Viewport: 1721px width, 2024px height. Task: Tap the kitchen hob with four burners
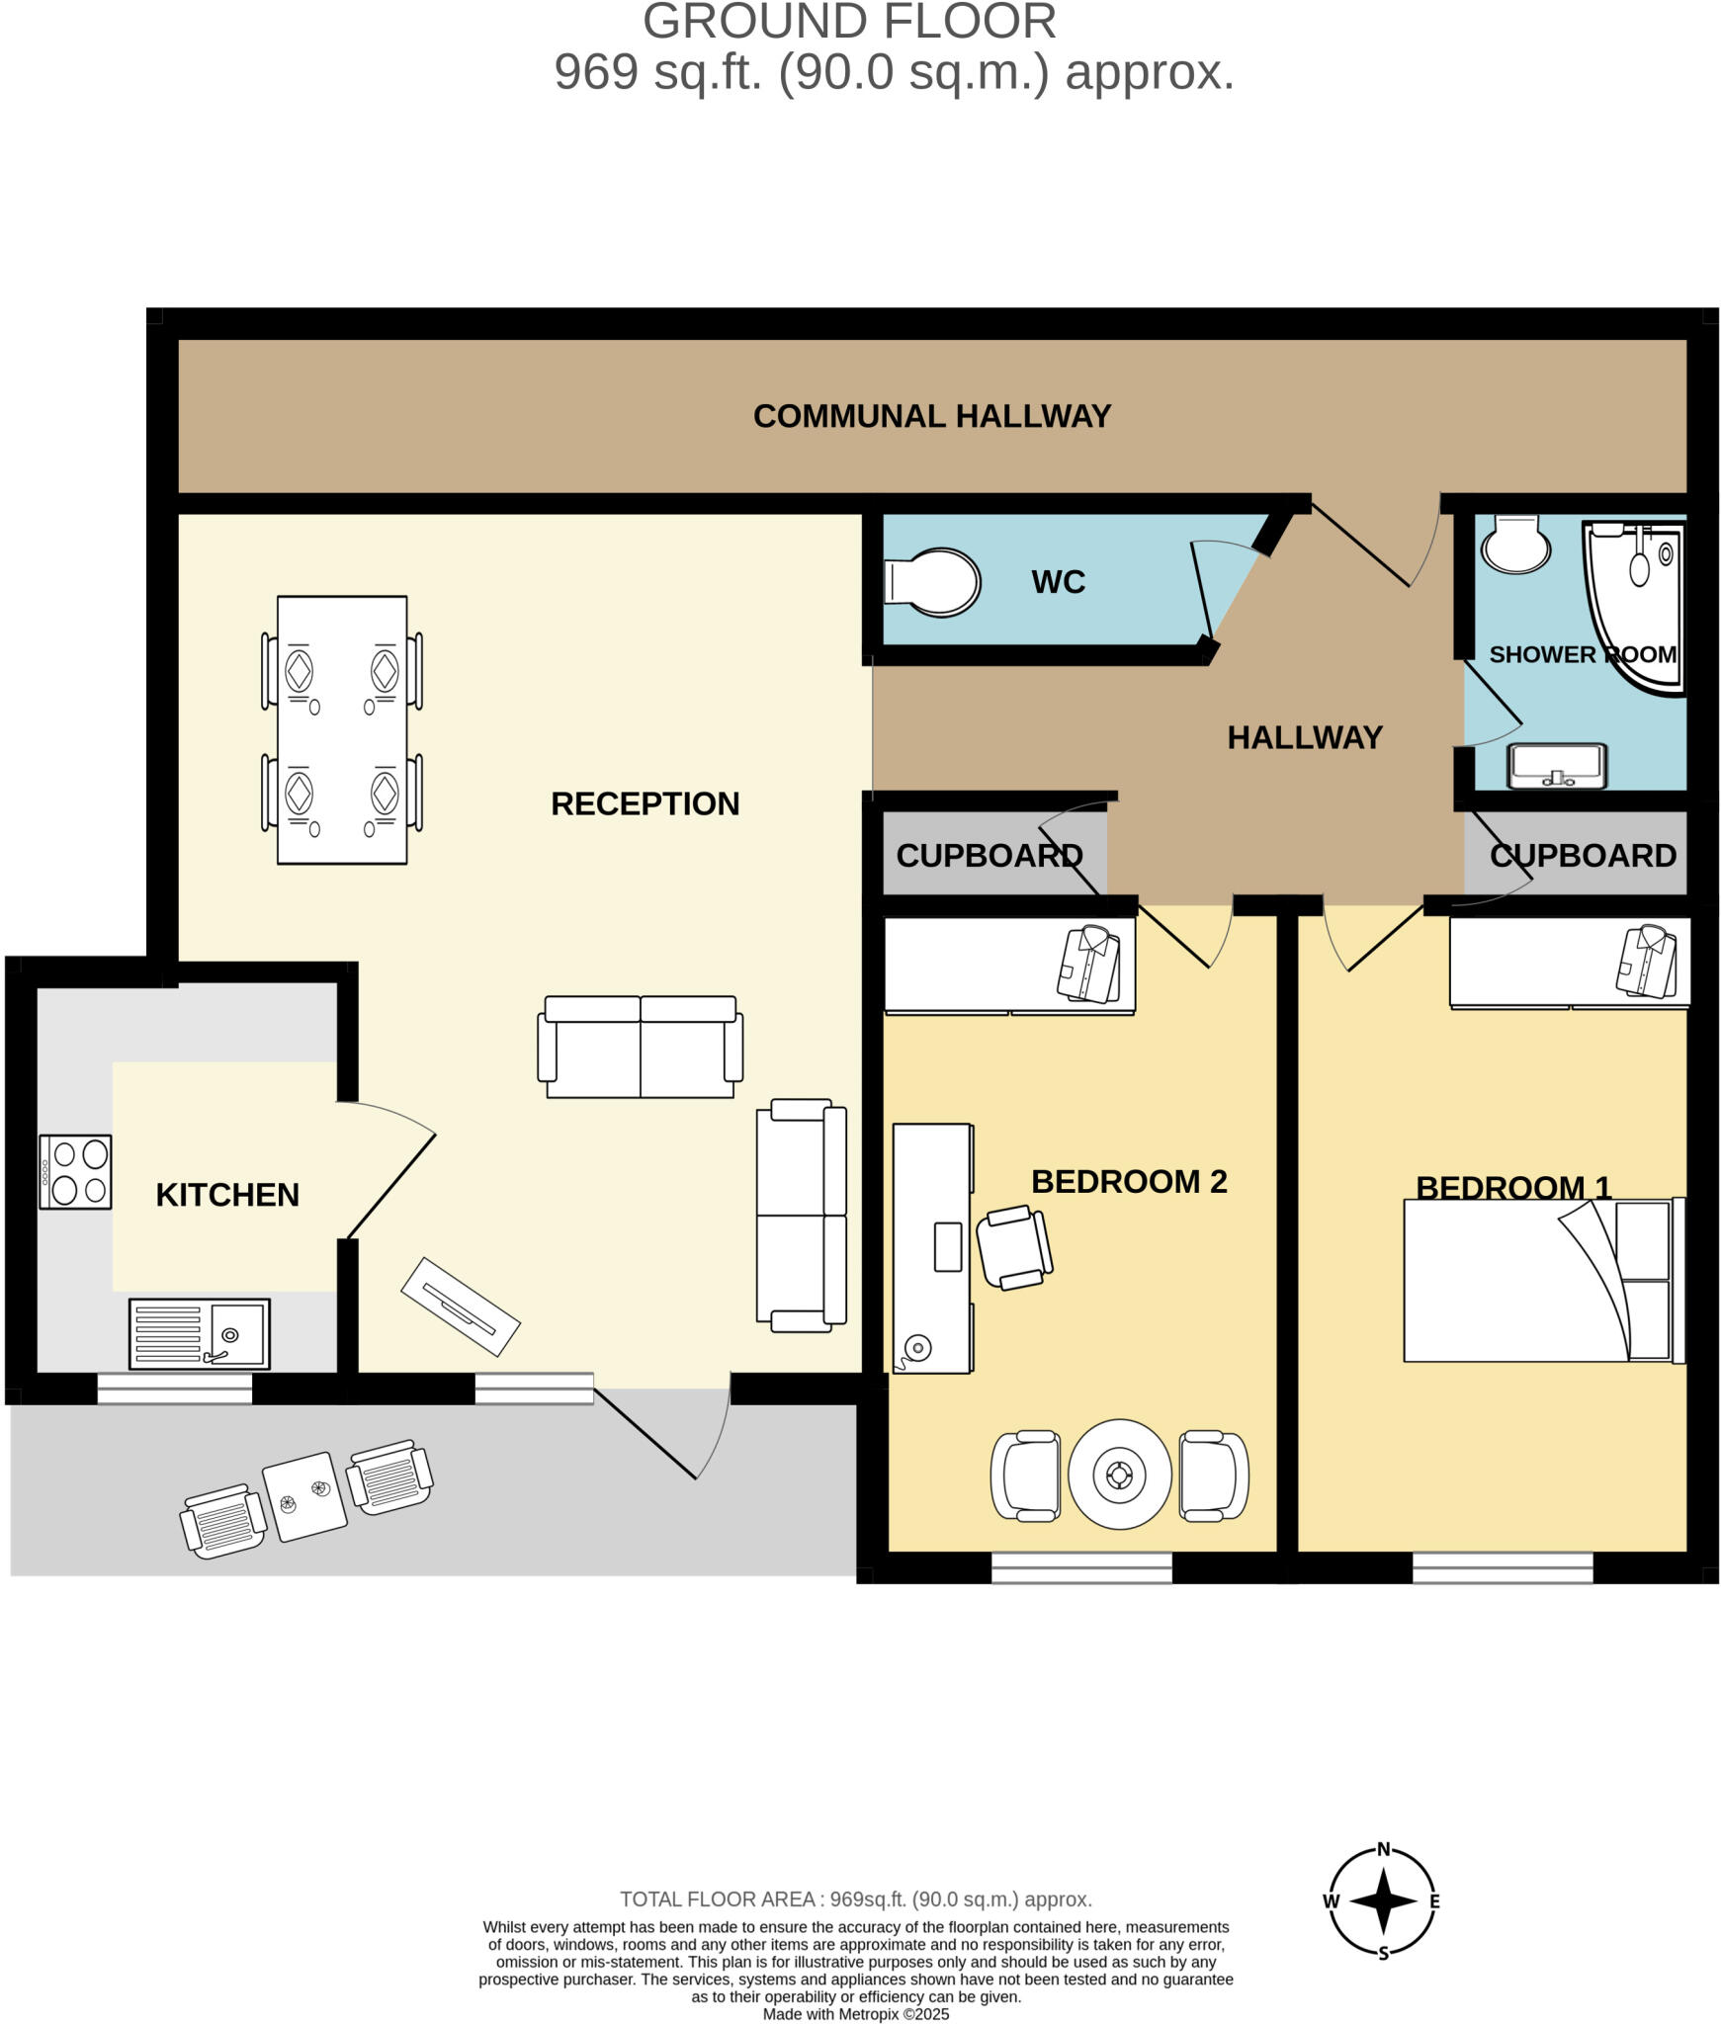click(x=75, y=1171)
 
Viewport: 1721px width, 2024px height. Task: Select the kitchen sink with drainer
click(x=199, y=1333)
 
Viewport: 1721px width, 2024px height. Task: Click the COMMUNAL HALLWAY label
click(x=931, y=416)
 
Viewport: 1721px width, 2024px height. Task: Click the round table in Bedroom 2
click(x=1119, y=1475)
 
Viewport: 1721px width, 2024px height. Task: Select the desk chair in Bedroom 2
click(x=1013, y=1247)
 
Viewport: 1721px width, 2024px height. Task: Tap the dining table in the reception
click(x=342, y=729)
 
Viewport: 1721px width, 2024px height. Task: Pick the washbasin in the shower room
click(x=1556, y=766)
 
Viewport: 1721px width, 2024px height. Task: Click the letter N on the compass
click(x=1383, y=1849)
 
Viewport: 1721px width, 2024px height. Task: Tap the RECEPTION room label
click(x=645, y=803)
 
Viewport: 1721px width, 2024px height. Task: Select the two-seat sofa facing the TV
click(x=640, y=1048)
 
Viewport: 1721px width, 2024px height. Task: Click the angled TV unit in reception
click(x=461, y=1307)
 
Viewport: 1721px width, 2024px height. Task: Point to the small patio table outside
click(x=304, y=1495)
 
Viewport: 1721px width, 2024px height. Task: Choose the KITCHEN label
click(x=227, y=1194)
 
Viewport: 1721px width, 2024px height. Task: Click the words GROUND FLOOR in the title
click(x=849, y=22)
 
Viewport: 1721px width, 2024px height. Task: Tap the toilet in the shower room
click(x=1514, y=544)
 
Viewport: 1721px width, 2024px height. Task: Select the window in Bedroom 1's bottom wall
click(x=1502, y=1567)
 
